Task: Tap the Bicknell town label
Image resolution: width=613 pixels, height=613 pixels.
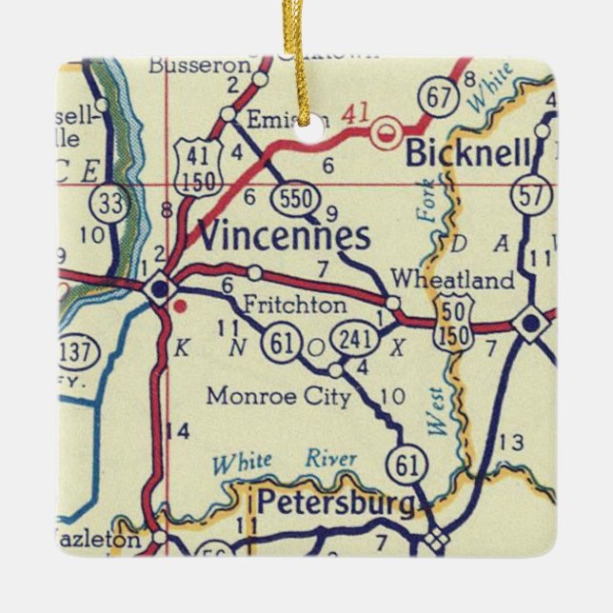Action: [463, 152]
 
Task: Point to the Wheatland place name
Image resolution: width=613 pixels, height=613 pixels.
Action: [453, 281]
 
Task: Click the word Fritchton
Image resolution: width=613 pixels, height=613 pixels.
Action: [295, 306]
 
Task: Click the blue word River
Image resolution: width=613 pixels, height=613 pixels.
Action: [330, 459]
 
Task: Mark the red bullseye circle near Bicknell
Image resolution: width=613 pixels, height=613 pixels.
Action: [386, 133]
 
